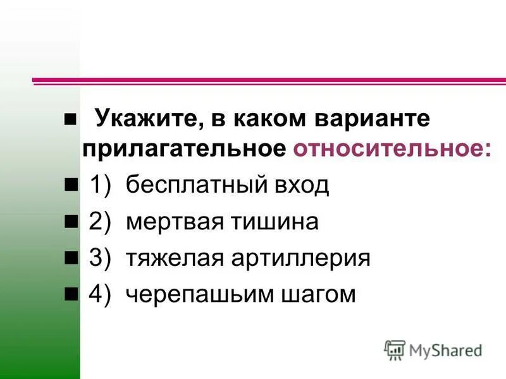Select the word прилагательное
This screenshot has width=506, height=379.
click(183, 149)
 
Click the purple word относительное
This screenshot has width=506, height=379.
click(391, 149)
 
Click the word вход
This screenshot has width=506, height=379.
click(300, 186)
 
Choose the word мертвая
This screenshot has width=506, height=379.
click(166, 222)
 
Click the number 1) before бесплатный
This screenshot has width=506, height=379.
click(101, 186)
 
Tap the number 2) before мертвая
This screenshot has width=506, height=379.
click(101, 222)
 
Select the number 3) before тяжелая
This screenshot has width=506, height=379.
click(101, 259)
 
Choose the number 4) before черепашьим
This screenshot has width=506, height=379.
click(101, 295)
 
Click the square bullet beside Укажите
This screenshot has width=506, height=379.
click(70, 119)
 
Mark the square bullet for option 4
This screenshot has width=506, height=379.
click(70, 294)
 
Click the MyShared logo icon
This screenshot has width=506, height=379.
click(395, 350)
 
